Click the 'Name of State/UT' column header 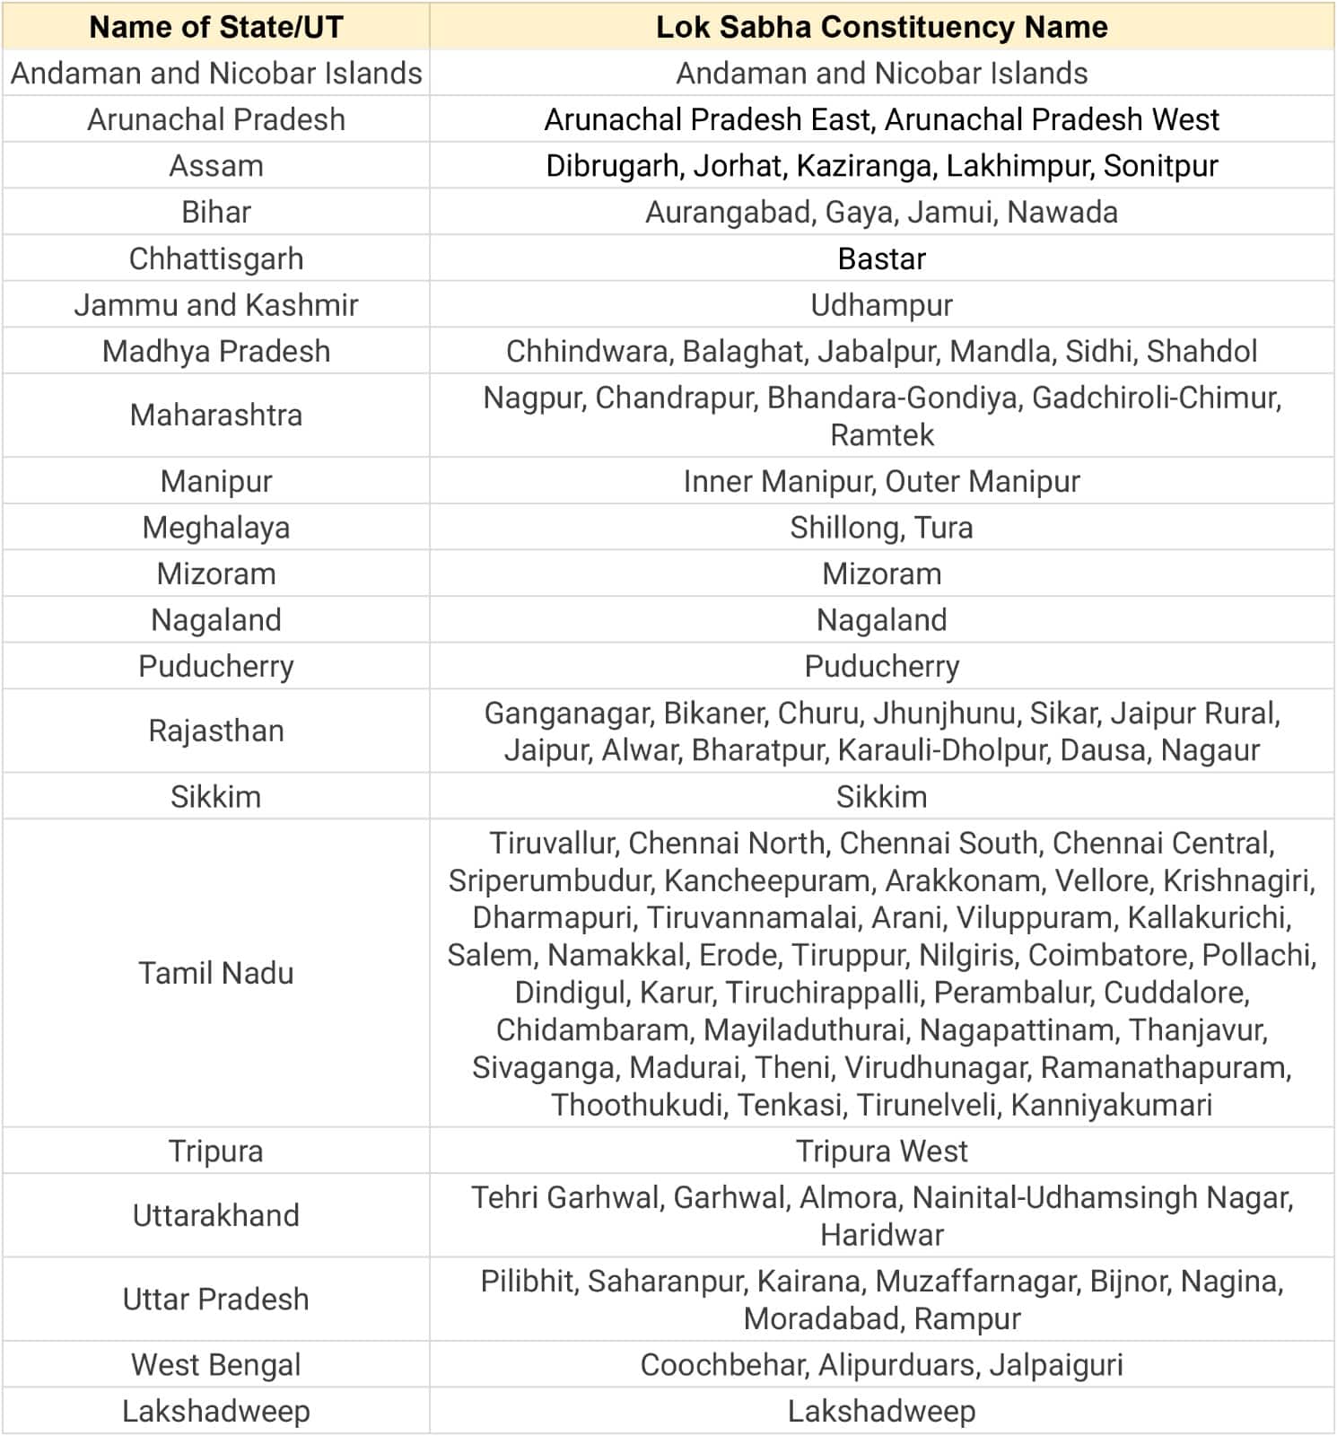coord(216,27)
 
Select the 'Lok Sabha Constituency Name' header coord(881,27)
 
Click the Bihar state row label coord(216,212)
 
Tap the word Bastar coord(881,258)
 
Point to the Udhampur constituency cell coord(881,305)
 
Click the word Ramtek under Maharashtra coord(881,435)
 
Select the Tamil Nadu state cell coord(216,973)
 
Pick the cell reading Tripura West coord(881,1151)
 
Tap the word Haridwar coord(881,1236)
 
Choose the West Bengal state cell coord(216,1365)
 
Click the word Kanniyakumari coord(1111,1105)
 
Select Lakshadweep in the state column coord(216,1412)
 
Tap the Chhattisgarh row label coord(216,258)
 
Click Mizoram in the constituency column coord(881,574)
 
